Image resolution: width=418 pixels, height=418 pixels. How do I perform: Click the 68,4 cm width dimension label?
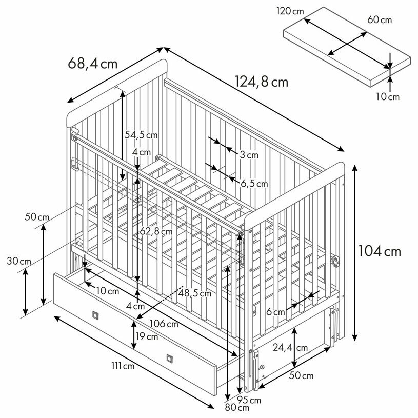pos(93,64)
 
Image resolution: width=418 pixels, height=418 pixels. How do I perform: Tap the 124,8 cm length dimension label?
pos(262,82)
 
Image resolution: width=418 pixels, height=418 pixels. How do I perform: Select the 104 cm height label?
pos(380,251)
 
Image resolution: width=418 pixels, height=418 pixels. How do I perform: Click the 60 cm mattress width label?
pos(380,19)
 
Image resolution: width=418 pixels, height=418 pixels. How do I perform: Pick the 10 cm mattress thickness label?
pos(387,96)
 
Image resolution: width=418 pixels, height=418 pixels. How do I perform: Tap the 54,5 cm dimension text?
pos(141,135)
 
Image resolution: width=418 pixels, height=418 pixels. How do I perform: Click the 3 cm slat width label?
pos(249,154)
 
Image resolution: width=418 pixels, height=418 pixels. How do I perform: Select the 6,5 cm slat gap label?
pos(254,183)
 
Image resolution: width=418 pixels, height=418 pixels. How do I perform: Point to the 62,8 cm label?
pos(156,231)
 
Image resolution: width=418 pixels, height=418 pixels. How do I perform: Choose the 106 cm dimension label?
pos(165,324)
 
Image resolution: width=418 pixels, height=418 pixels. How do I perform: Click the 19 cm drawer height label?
pos(148,337)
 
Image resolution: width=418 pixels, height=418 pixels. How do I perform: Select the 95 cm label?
pos(250,400)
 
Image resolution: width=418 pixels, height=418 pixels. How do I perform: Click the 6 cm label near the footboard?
pos(275,312)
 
